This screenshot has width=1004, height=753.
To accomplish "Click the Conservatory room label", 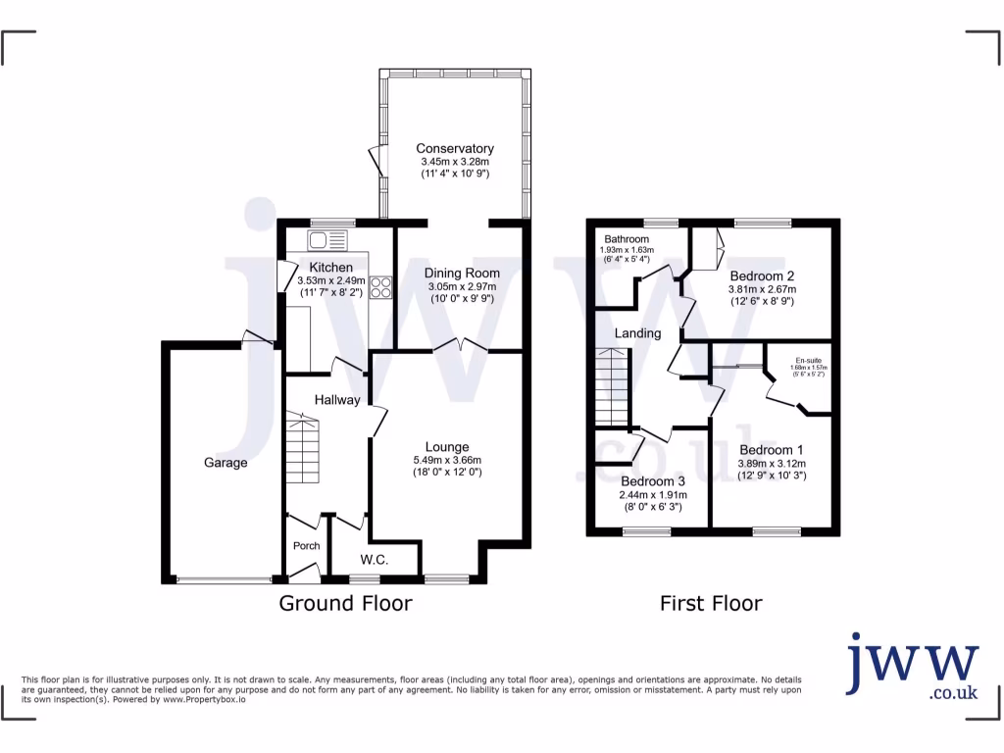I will (454, 148).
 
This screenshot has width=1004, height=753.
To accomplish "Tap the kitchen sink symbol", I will (328, 239).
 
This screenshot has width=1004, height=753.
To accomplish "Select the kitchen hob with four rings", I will (379, 288).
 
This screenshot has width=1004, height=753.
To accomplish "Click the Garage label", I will (226, 463).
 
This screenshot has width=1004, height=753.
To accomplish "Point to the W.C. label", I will (375, 560).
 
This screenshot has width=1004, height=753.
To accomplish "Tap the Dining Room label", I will (462, 273).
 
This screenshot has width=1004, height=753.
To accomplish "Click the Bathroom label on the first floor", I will (627, 239).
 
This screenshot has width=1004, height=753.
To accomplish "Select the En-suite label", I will (809, 360).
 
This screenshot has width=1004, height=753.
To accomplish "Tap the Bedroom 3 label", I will (653, 481).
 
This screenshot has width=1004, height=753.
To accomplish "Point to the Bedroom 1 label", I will (772, 450).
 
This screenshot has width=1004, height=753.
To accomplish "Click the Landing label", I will (637, 333).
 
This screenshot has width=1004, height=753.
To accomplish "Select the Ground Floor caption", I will (345, 603).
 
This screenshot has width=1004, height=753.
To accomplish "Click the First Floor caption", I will (709, 603).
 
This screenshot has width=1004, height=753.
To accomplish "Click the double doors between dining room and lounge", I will (459, 345).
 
